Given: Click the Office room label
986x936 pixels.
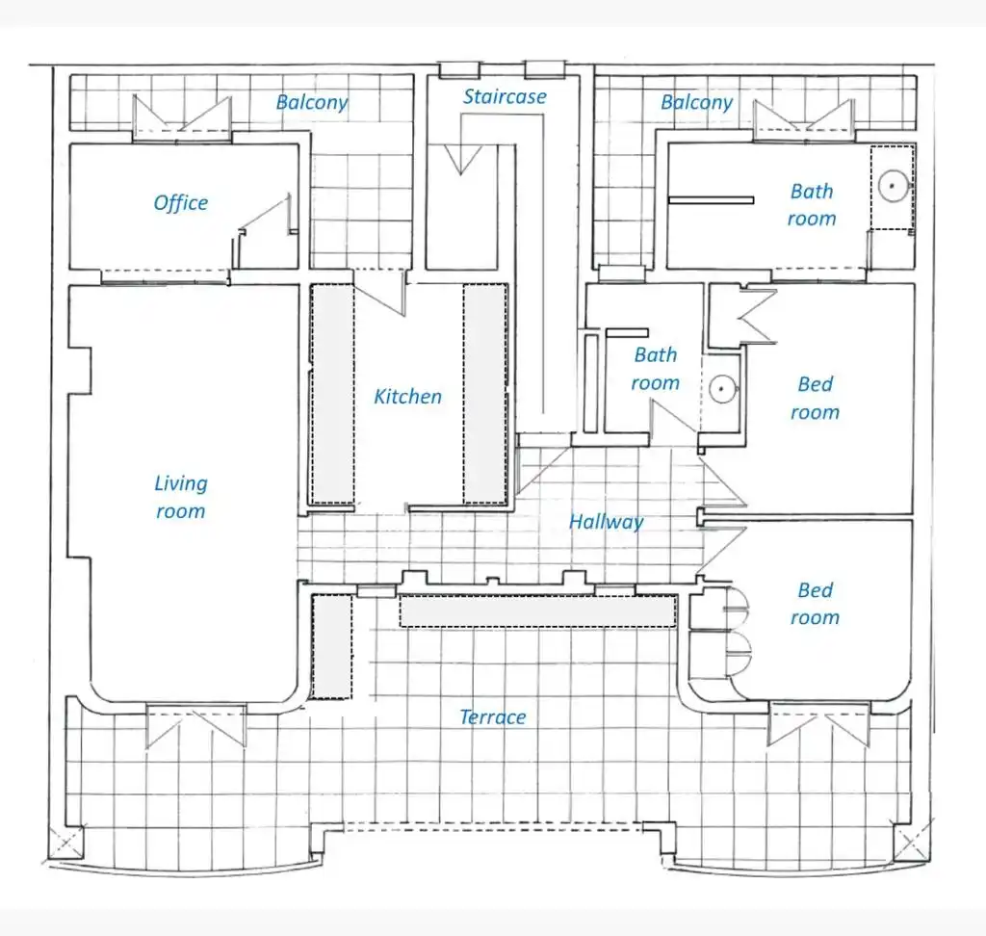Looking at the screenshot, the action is click(180, 203).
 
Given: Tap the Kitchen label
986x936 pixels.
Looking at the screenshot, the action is click(407, 397).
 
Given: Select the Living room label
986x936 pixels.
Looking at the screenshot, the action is click(180, 497).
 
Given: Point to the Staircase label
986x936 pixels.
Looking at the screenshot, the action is click(505, 96).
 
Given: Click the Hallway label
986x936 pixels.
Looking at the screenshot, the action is click(607, 522).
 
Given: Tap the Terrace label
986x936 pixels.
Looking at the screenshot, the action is click(492, 717).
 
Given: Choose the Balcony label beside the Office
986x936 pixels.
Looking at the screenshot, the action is click(312, 102).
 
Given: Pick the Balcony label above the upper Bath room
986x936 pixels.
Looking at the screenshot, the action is click(697, 102).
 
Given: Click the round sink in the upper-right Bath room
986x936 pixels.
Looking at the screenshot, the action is click(893, 186).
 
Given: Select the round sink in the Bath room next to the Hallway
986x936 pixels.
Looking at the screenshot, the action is click(722, 389).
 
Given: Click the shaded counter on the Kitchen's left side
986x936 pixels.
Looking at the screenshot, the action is click(332, 394).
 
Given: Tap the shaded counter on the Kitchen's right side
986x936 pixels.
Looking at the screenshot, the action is click(485, 394).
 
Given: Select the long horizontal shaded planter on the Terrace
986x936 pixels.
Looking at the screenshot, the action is click(537, 611).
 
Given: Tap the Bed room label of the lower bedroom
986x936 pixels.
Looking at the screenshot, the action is click(815, 604).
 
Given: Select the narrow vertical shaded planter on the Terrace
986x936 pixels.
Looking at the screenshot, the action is click(332, 647).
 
